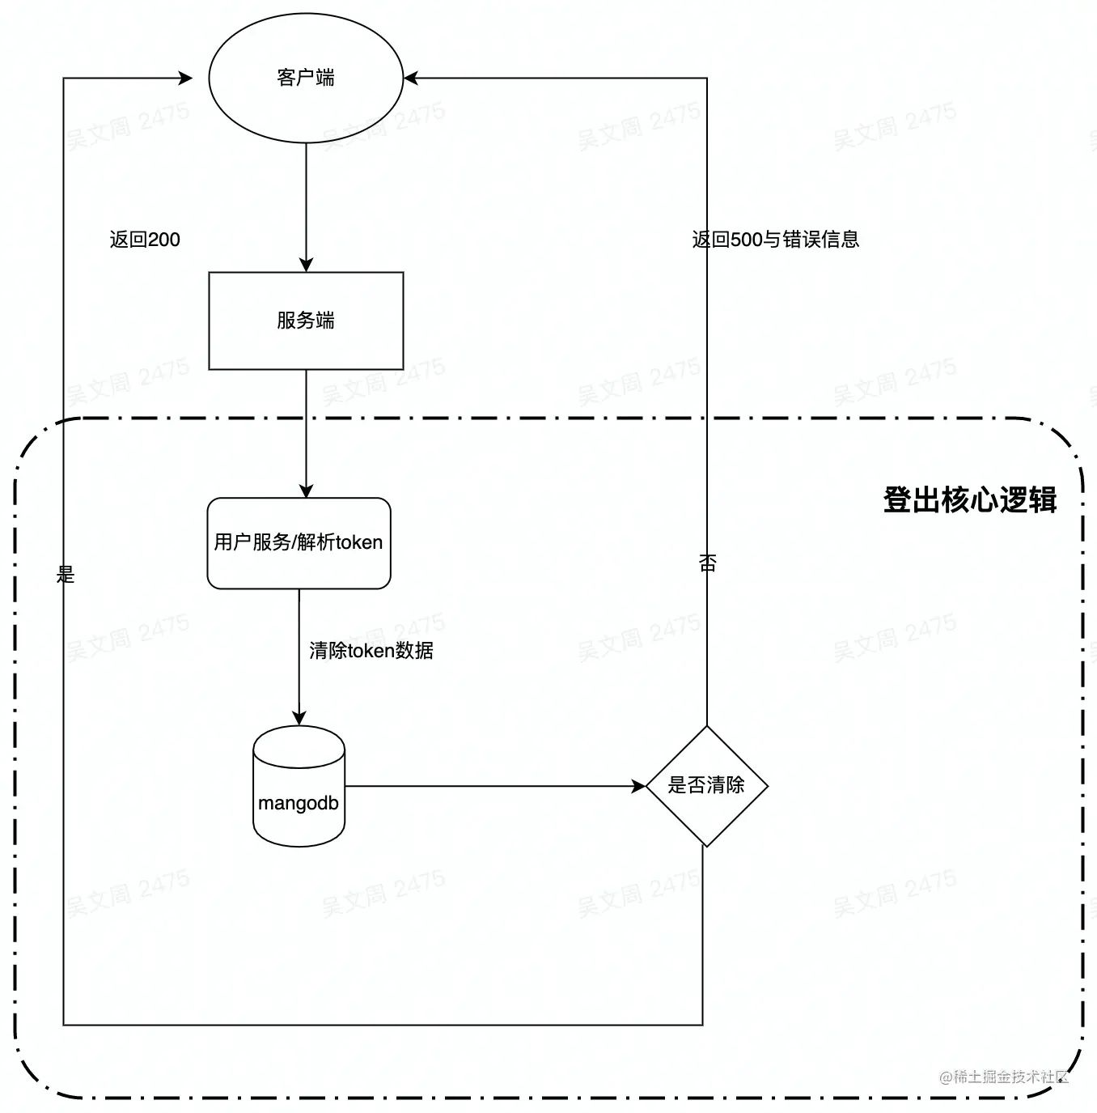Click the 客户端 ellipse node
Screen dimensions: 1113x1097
pos(306,78)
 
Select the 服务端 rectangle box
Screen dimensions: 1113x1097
pos(306,321)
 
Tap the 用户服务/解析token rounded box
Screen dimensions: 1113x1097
pos(299,542)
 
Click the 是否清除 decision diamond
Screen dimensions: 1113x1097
pos(706,785)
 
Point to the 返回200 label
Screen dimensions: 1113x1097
pos(145,240)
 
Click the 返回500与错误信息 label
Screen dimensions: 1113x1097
pos(775,240)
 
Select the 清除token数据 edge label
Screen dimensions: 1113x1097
pos(371,651)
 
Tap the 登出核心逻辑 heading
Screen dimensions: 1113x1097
pos(969,500)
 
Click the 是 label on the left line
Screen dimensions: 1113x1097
pos(66,575)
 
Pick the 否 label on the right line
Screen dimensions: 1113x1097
pos(708,563)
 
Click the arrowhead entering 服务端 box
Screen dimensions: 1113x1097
pos(306,265)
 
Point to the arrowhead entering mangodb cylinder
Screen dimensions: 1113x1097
pos(299,718)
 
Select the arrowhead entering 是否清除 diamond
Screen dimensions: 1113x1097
pos(638,785)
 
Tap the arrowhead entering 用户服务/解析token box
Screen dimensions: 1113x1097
pos(306,491)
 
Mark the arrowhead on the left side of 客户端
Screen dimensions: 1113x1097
pos(185,79)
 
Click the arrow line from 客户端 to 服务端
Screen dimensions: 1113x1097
pos(306,202)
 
